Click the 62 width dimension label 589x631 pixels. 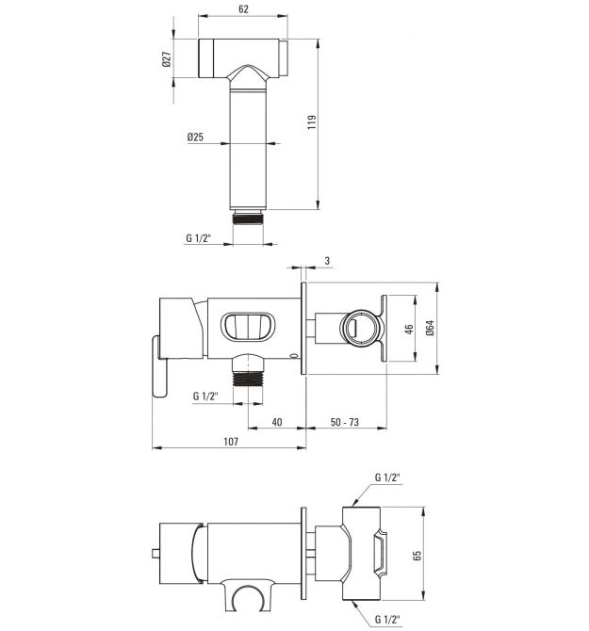coord(243,8)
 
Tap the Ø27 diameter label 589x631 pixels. coord(167,59)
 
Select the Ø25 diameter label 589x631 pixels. coord(195,138)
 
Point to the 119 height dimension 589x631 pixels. coord(312,121)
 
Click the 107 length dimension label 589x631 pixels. coord(231,442)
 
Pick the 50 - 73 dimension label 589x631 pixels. coord(345,422)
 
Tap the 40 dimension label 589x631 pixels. coord(277,422)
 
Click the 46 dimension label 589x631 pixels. coord(409,330)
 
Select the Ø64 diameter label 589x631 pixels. coord(430,328)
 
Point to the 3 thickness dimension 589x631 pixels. coord(327,261)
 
